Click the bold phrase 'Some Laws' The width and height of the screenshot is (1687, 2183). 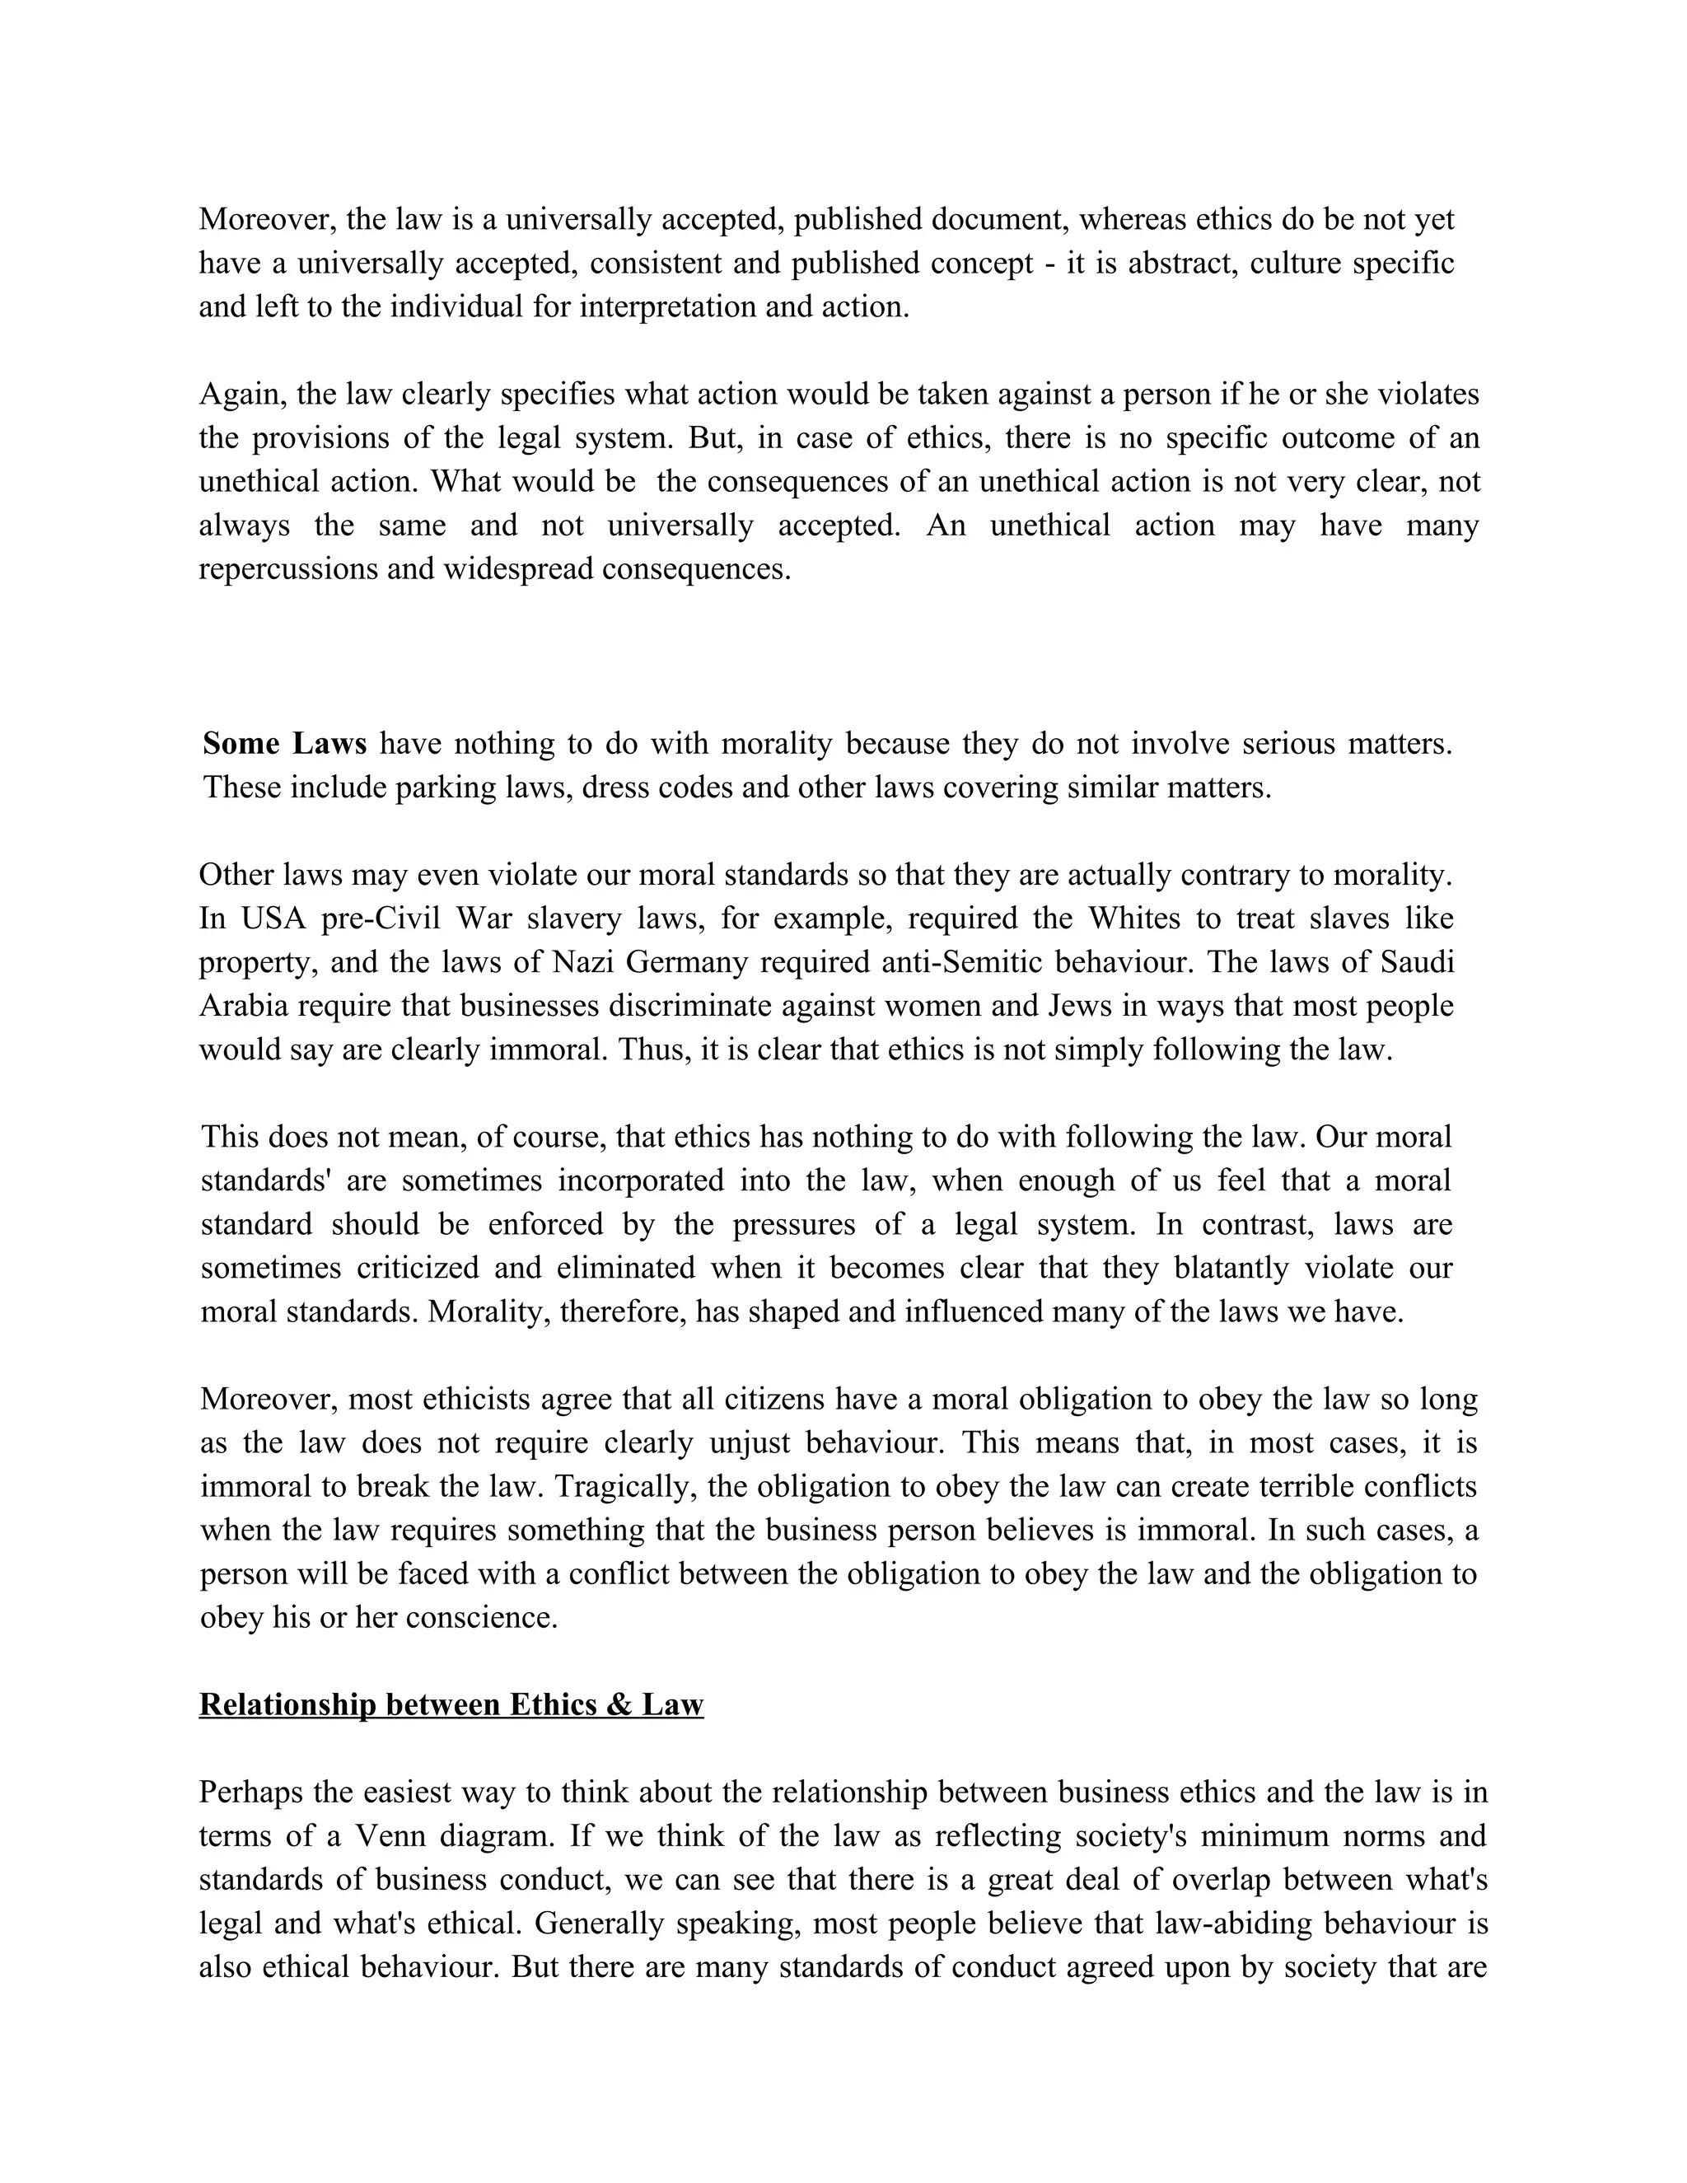(x=285, y=744)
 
